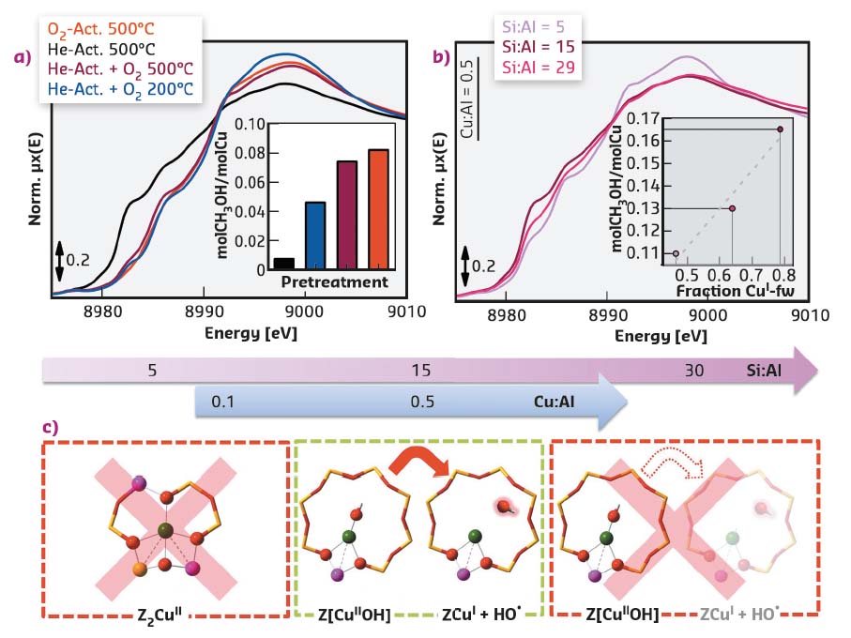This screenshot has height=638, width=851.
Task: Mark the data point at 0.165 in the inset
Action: [x=780, y=129]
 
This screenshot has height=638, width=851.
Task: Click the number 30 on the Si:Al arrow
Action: [x=693, y=371]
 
